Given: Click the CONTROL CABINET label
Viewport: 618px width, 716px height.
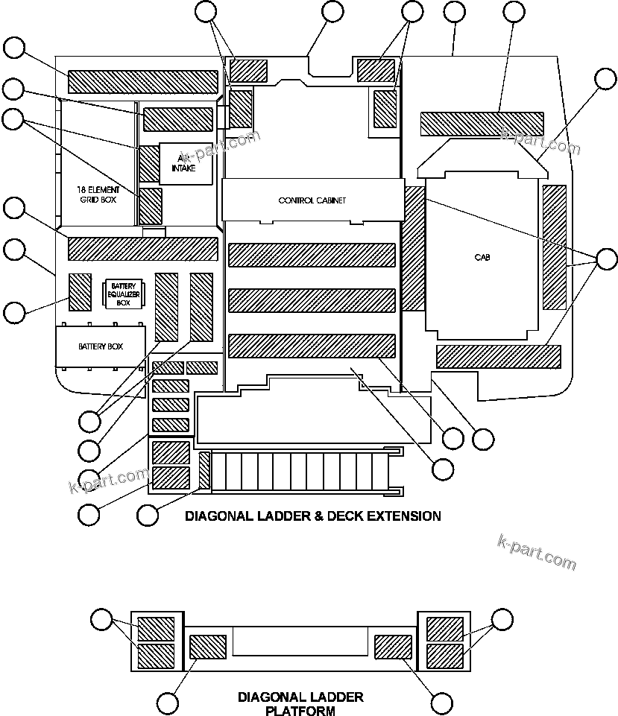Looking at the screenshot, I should pyautogui.click(x=312, y=200).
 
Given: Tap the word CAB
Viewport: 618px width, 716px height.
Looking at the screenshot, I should pyautogui.click(x=482, y=258).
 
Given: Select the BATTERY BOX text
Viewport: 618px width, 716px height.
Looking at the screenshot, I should pyautogui.click(x=100, y=346).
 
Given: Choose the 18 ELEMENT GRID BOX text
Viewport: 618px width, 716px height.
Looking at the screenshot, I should pyautogui.click(x=97, y=195).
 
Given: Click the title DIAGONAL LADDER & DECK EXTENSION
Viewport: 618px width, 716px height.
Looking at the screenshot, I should pyautogui.click(x=312, y=516).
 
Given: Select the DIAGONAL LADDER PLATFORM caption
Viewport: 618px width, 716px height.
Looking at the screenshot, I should pyautogui.click(x=300, y=704).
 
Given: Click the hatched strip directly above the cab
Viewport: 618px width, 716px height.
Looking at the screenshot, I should pyautogui.click(x=482, y=124).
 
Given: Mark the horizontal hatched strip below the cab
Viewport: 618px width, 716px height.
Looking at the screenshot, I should pyautogui.click(x=497, y=357).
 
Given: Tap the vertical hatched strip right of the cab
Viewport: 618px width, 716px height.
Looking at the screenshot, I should pyautogui.click(x=555, y=247).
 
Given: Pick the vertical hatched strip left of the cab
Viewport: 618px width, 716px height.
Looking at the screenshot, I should pyautogui.click(x=413, y=249).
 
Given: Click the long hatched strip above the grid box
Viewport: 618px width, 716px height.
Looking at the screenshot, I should pyautogui.click(x=142, y=81).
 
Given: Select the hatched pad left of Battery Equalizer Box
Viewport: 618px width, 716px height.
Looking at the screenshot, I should pyautogui.click(x=80, y=292).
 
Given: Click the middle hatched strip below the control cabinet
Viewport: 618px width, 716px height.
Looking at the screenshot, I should pyautogui.click(x=311, y=300).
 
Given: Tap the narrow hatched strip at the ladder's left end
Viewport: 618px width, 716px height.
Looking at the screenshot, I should pyautogui.click(x=204, y=472).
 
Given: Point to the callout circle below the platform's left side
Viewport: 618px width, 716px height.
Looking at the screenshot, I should pyautogui.click(x=168, y=702).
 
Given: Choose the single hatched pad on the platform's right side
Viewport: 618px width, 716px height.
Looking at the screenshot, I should pyautogui.click(x=393, y=647).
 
